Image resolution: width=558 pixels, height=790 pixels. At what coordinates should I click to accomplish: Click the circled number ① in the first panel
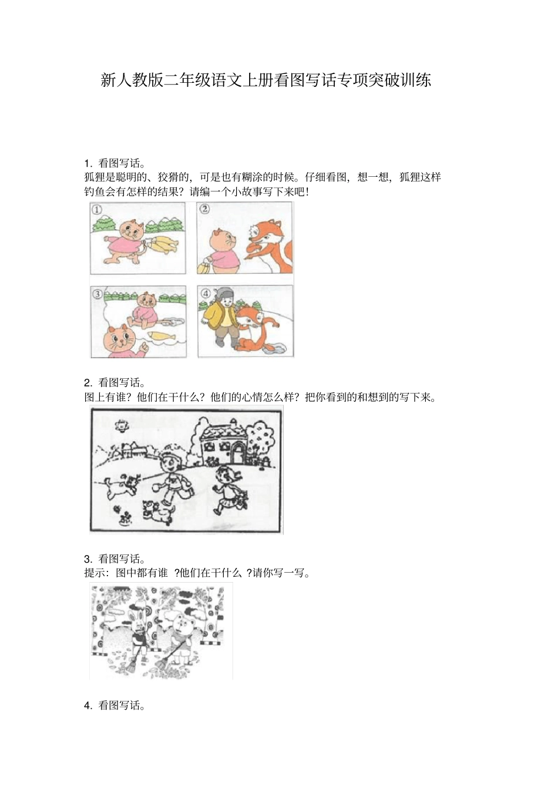[x=98, y=209]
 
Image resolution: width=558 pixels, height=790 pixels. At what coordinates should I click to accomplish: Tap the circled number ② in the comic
[x=204, y=209]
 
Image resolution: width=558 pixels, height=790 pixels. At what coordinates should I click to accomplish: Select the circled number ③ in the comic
[x=98, y=294]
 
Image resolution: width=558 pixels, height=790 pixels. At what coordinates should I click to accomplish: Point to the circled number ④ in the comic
[x=205, y=293]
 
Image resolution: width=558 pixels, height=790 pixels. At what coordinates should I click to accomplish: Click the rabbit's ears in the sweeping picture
[x=133, y=616]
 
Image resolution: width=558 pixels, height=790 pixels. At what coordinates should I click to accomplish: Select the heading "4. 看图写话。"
[x=115, y=705]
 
